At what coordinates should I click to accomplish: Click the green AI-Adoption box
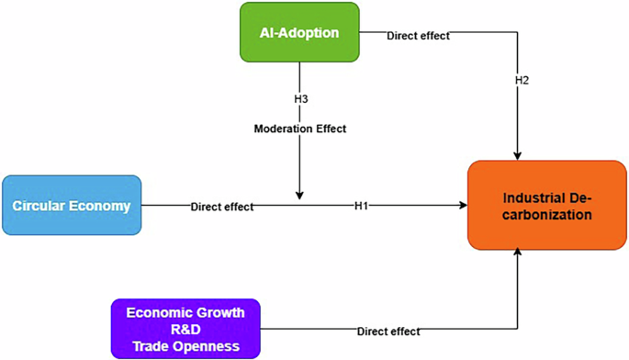coord(299,33)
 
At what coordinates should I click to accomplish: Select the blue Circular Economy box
coord(72,206)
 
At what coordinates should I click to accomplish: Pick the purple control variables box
coord(186,328)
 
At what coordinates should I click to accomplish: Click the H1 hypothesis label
coord(361,206)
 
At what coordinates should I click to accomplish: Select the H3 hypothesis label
coord(299,97)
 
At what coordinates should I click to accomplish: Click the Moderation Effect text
coord(300,129)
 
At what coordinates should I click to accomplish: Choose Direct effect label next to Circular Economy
coord(222,207)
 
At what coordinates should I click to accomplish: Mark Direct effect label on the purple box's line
coord(389,331)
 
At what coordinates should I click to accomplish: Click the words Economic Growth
coord(186,312)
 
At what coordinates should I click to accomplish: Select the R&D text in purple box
coord(186,328)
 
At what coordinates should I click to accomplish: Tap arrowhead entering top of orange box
coord(520,155)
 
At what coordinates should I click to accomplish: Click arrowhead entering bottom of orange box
coord(520,255)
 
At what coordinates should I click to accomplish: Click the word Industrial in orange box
coord(523,197)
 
